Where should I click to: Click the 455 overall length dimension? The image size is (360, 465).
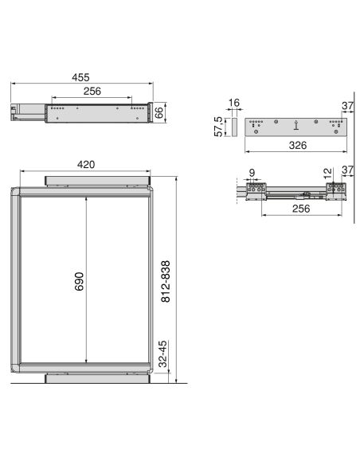pyautogui.click(x=80, y=77)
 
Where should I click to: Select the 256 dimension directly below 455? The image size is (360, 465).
pyautogui.click(x=92, y=92)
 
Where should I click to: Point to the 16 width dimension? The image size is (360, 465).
pyautogui.click(x=233, y=104)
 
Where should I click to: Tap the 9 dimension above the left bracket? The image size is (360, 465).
pyautogui.click(x=252, y=171)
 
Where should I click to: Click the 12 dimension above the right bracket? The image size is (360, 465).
pyautogui.click(x=327, y=171)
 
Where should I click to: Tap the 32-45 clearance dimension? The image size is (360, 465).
pyautogui.click(x=162, y=353)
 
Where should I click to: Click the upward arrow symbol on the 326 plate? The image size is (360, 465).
pyautogui.click(x=295, y=124)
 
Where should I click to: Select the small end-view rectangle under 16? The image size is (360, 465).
pyautogui.click(x=233, y=126)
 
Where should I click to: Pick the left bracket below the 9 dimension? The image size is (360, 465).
pyautogui.click(x=255, y=190)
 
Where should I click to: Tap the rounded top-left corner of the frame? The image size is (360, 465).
pyautogui.click(x=16, y=192)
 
